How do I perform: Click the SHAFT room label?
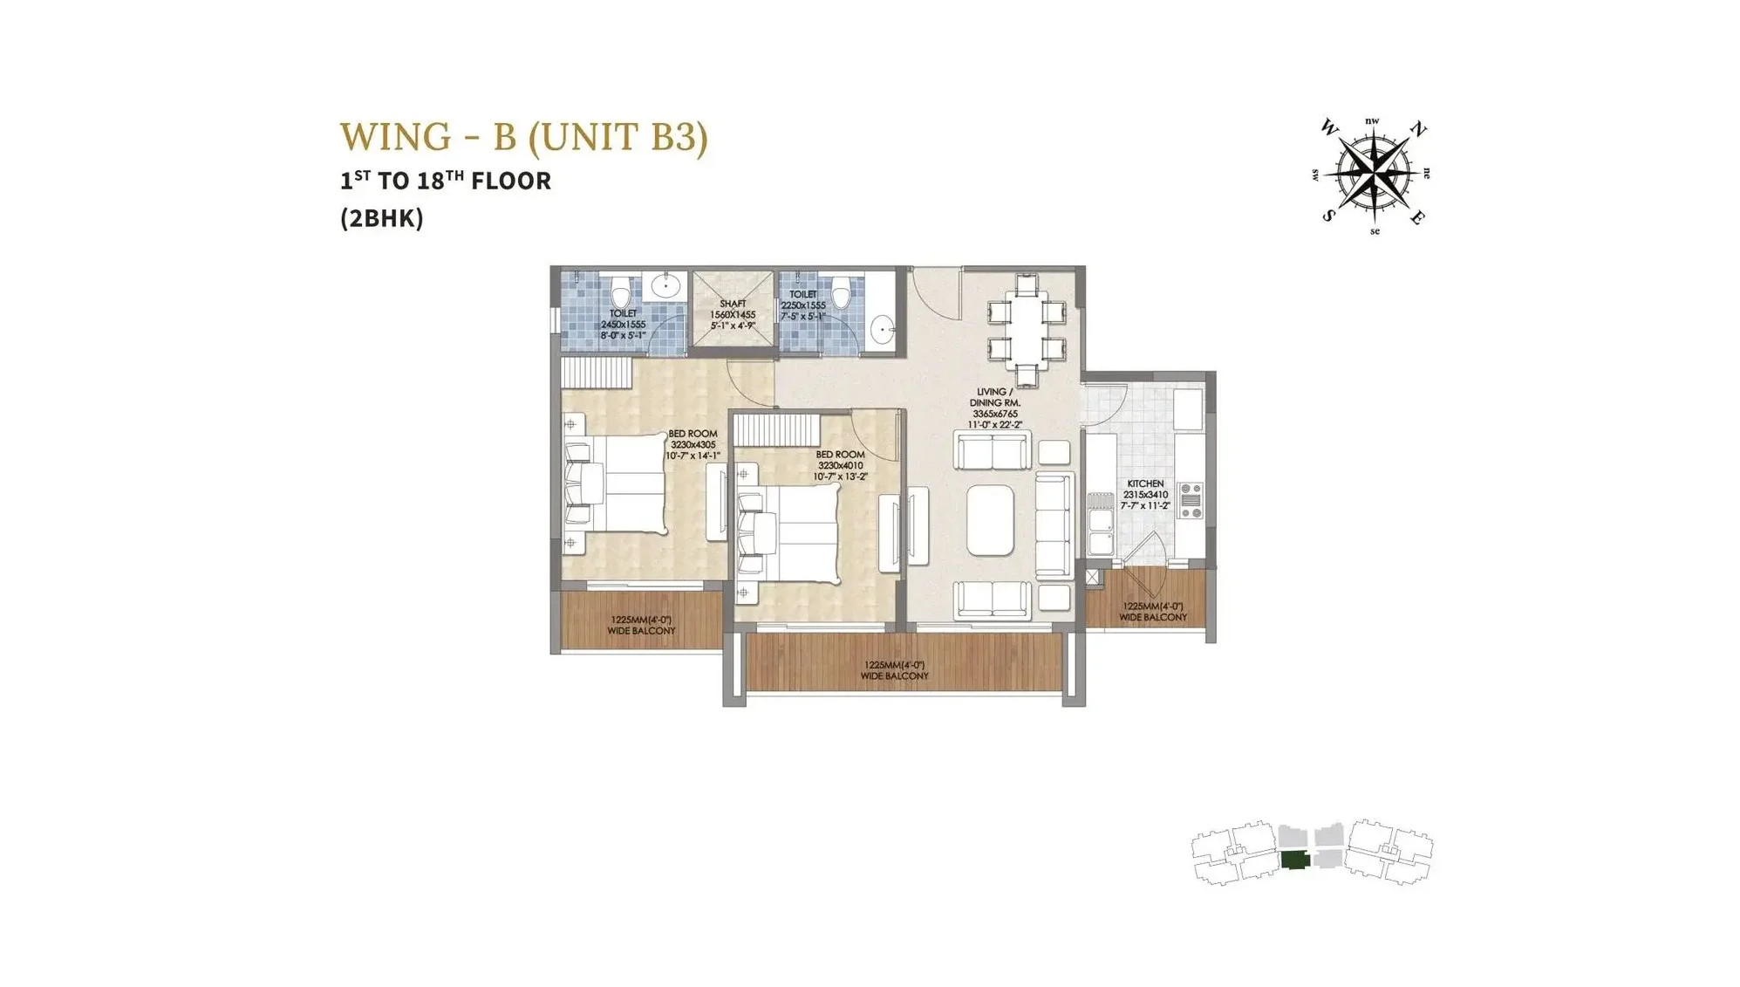[x=733, y=304]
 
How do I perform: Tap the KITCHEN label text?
[x=1145, y=483]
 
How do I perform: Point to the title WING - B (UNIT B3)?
[x=523, y=137]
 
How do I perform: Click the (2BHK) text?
[x=382, y=218]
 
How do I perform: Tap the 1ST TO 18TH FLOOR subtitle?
[x=446, y=181]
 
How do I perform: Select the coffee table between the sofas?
[x=991, y=521]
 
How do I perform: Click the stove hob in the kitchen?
[x=1191, y=501]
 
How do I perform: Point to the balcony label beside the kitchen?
[x=1153, y=612]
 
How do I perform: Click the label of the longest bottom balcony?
[x=894, y=670]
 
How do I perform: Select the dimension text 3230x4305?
[x=693, y=444]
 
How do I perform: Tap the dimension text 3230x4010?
[x=840, y=465]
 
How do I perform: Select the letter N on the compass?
[x=1419, y=131]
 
